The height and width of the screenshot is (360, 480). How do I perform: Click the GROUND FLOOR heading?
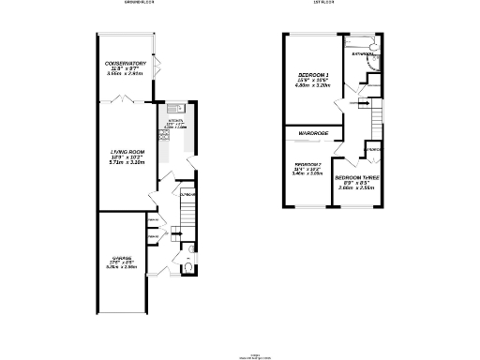[139, 3]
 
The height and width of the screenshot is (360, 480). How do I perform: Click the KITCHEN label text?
[175, 122]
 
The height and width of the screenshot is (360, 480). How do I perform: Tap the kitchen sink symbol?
[175, 110]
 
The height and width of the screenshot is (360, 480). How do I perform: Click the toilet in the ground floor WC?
[188, 266]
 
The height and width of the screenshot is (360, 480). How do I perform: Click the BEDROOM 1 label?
[314, 73]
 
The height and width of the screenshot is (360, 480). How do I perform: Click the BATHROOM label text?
[363, 54]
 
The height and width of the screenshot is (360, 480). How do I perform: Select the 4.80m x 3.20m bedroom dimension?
[314, 86]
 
